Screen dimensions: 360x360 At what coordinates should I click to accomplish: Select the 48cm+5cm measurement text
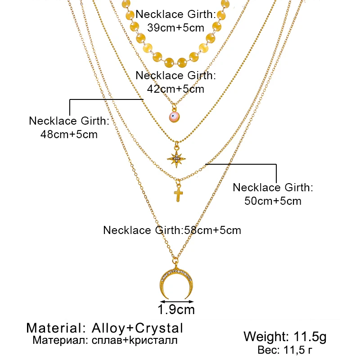point(69,134)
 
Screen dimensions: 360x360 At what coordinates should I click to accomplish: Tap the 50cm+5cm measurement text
point(273,200)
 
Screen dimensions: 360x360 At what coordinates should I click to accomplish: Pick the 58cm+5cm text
point(211,230)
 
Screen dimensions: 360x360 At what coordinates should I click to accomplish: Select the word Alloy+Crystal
point(137,327)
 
